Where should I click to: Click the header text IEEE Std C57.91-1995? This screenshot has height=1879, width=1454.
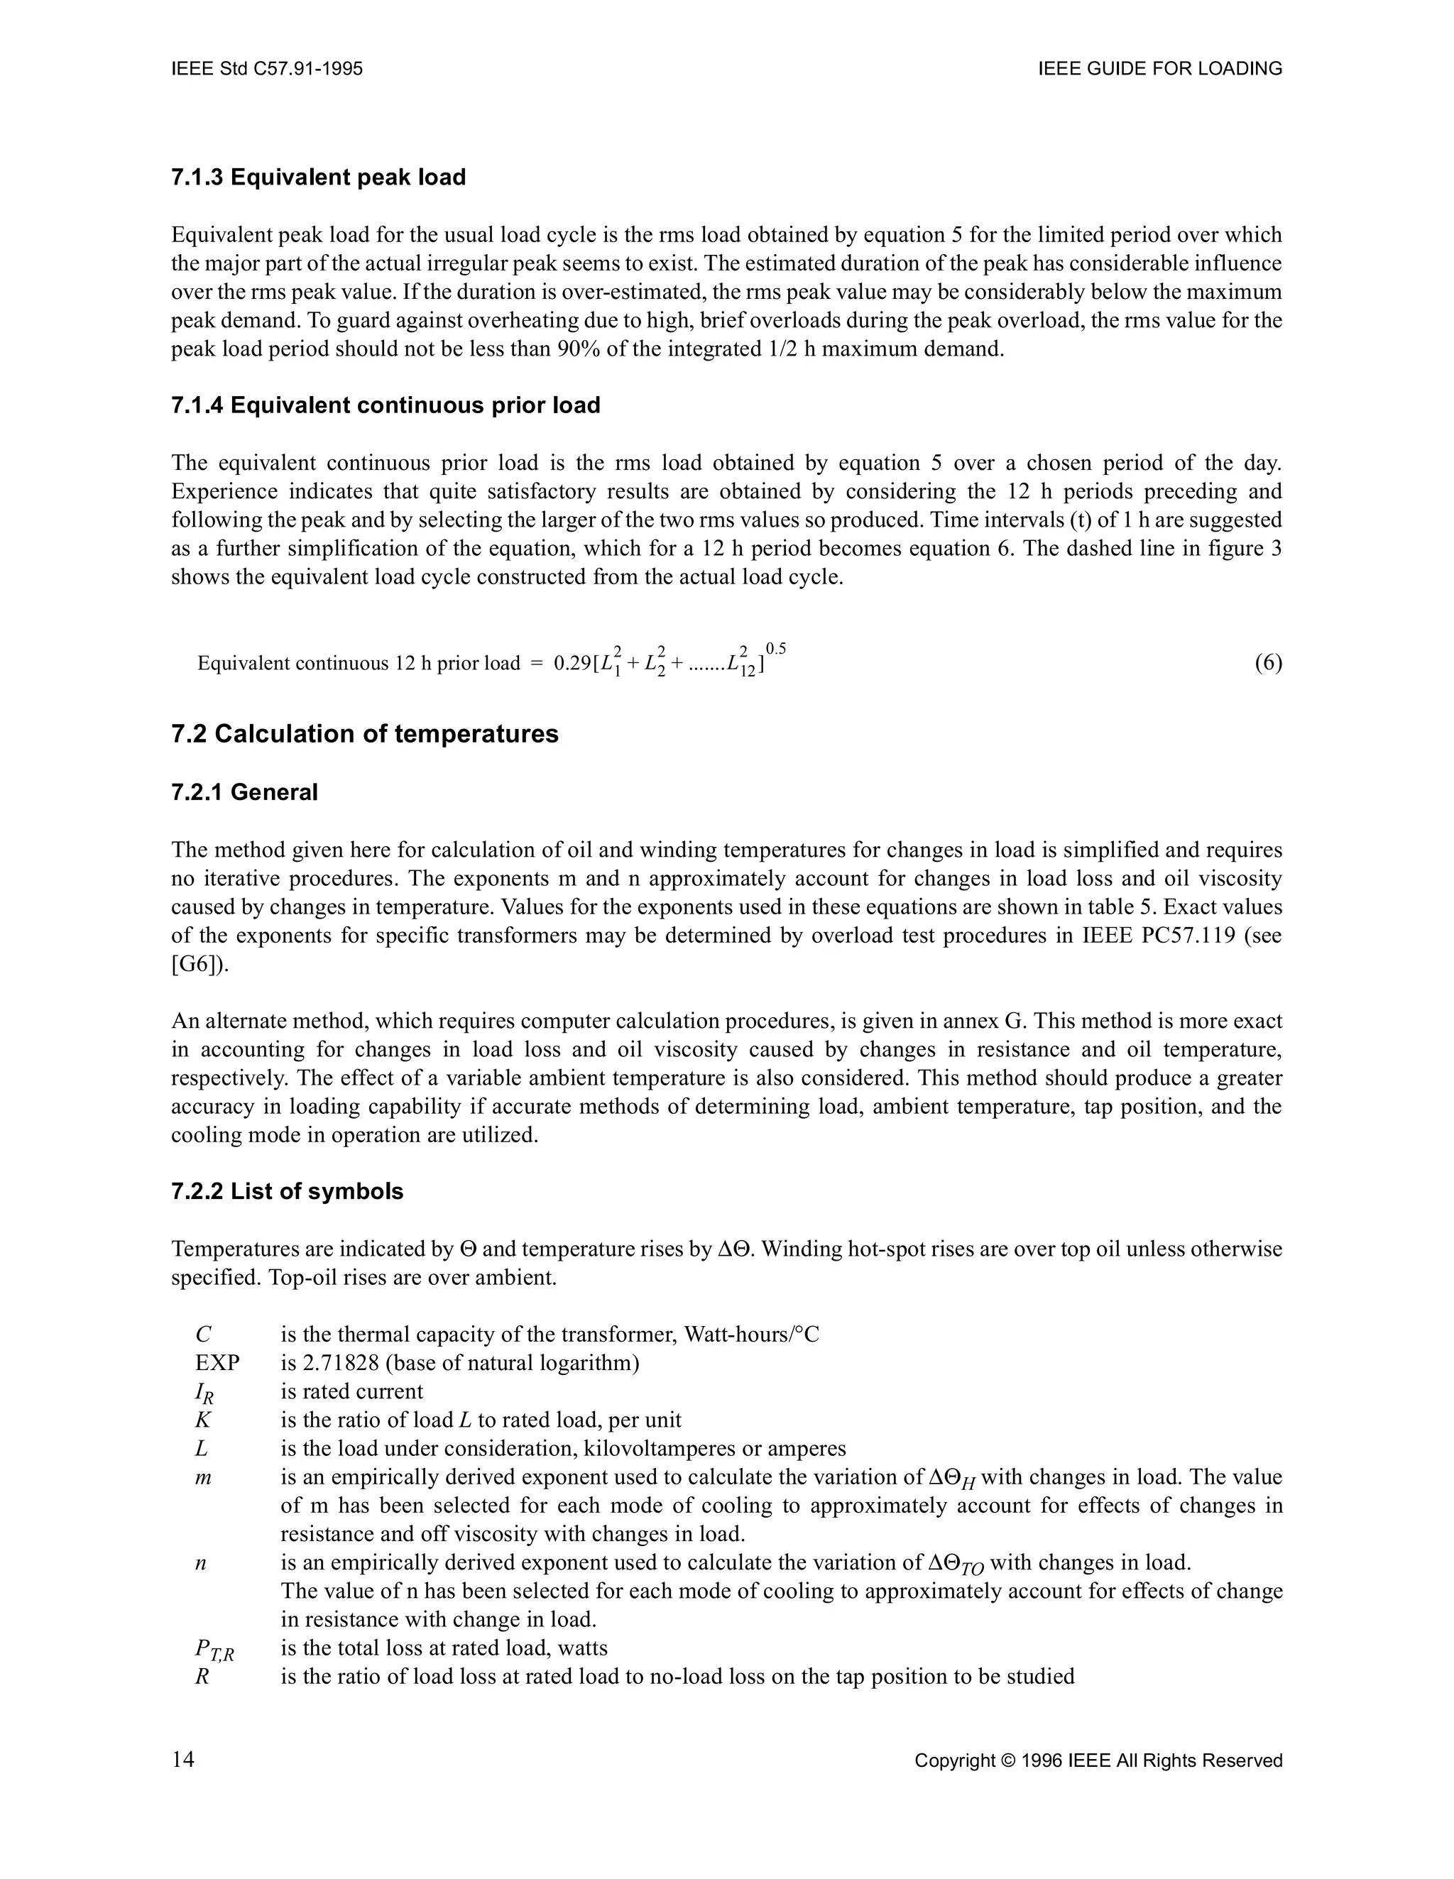(x=267, y=69)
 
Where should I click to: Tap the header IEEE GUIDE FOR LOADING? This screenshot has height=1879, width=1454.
(x=1160, y=69)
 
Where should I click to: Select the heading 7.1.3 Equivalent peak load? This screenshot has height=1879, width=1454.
(x=318, y=177)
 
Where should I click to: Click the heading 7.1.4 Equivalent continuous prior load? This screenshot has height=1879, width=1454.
(x=386, y=405)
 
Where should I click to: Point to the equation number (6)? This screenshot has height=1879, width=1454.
(x=1268, y=662)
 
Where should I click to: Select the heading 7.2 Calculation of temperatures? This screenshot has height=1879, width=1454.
(x=365, y=734)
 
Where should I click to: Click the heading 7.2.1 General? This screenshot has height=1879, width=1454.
(x=244, y=792)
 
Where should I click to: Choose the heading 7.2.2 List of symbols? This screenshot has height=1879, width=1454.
(x=288, y=1192)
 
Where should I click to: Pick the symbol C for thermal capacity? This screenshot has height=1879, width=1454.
(x=203, y=1335)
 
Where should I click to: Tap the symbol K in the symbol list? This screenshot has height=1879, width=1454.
(x=203, y=1420)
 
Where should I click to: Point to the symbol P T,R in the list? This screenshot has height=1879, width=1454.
(x=214, y=1649)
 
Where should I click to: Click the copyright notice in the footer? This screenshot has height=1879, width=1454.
(x=1098, y=1761)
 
